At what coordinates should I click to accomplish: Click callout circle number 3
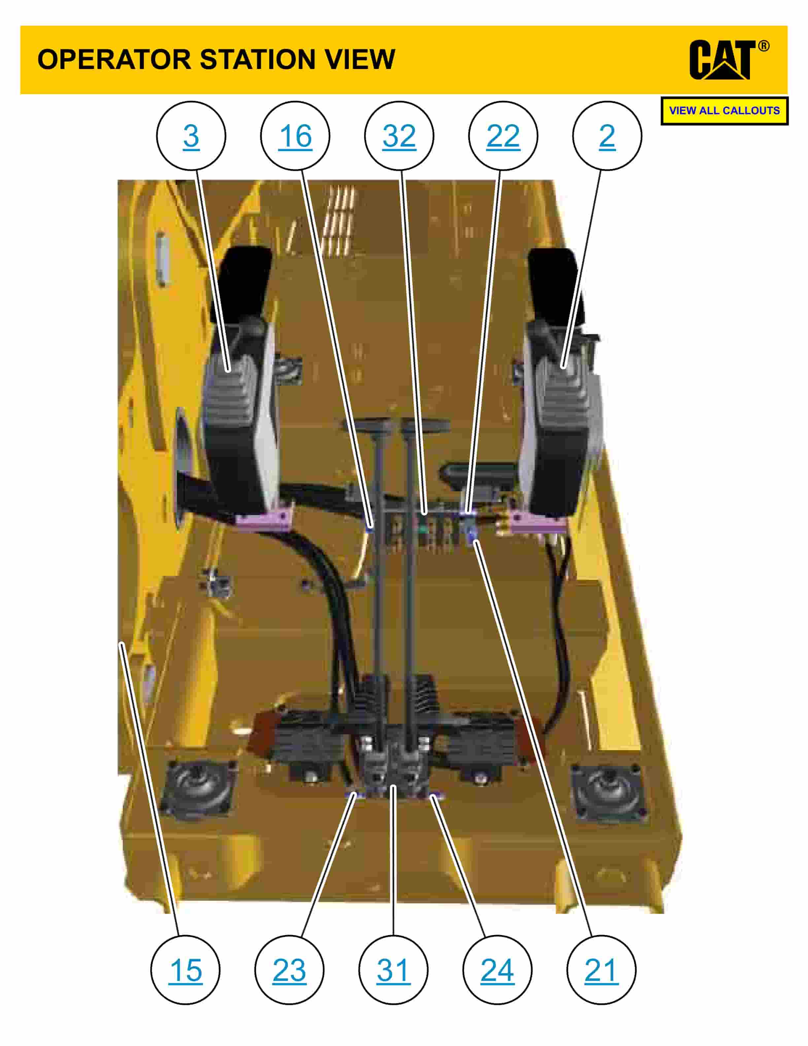pyautogui.click(x=191, y=136)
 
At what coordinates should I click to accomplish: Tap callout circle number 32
pyautogui.click(x=399, y=136)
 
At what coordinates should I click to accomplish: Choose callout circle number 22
pyautogui.click(x=503, y=136)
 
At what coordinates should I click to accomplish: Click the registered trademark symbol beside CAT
pyautogui.click(x=763, y=47)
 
